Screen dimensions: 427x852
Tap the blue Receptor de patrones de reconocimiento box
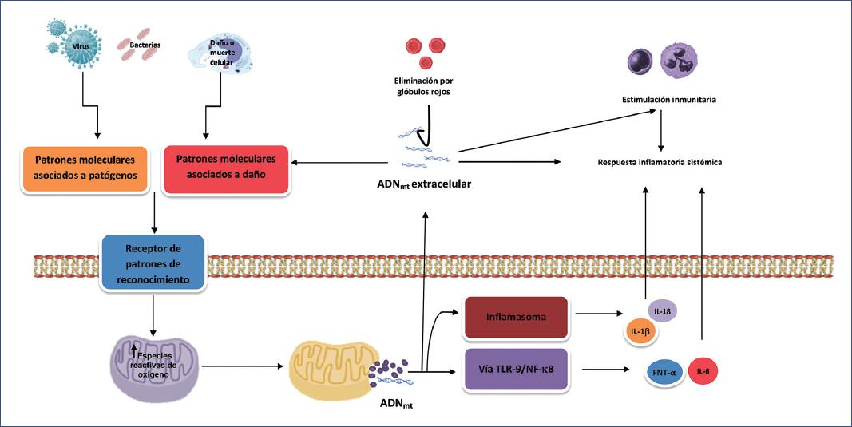pos(153,261)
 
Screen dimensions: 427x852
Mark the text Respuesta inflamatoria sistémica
pos(660,162)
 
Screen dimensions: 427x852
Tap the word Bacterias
pos(145,45)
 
